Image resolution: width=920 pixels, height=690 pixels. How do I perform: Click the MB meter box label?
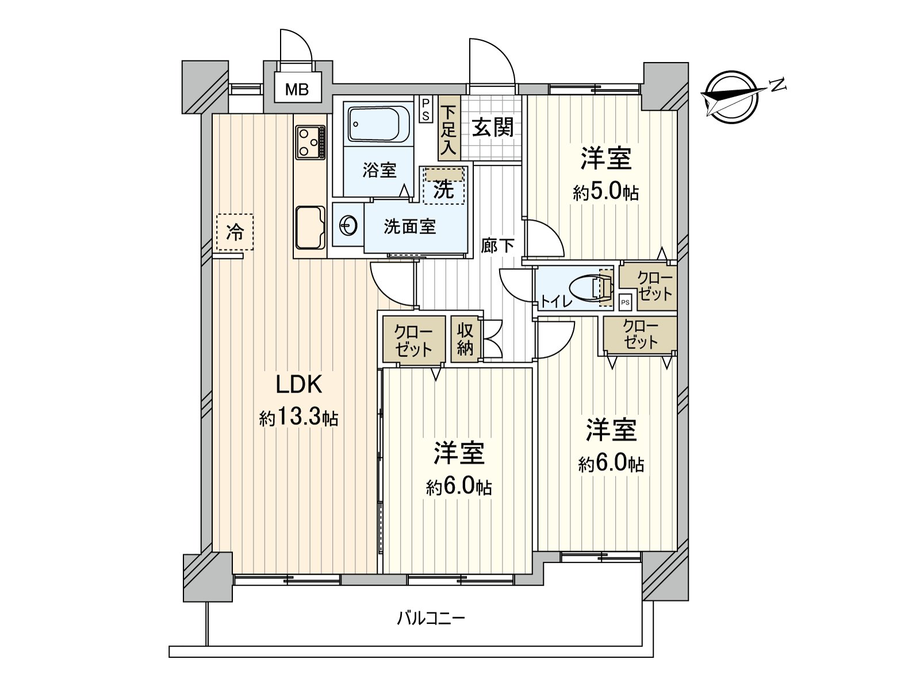click(x=297, y=89)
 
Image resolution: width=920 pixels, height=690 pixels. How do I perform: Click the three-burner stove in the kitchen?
click(x=310, y=142)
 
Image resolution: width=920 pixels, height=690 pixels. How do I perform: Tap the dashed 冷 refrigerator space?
click(x=235, y=232)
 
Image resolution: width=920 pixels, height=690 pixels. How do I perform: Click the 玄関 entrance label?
click(x=493, y=128)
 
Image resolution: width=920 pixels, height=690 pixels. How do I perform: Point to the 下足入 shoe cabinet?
click(x=448, y=130)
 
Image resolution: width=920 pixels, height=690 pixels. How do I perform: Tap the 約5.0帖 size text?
click(x=605, y=192)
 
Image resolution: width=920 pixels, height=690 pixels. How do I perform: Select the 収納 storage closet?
click(x=465, y=339)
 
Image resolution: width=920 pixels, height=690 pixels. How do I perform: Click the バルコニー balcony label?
click(x=431, y=619)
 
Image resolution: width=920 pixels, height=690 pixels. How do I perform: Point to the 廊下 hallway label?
click(x=497, y=246)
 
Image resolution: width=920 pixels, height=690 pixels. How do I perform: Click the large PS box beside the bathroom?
click(x=425, y=109)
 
